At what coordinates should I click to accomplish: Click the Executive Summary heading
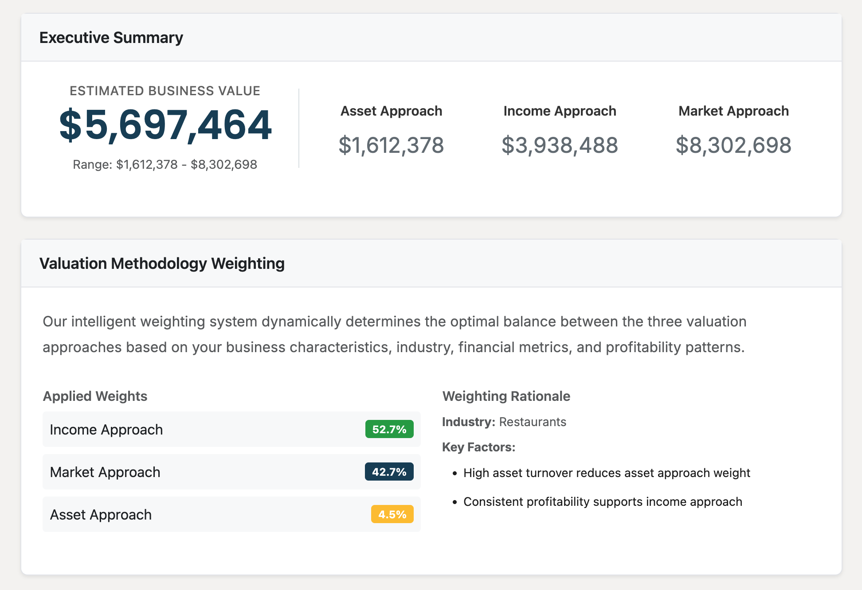111,38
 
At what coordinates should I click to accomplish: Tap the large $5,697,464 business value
165,125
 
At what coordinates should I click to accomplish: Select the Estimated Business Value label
165,91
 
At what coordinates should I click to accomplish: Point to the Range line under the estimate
165,164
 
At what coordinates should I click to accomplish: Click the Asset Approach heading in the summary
391,111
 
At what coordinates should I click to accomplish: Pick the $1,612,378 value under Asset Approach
391,145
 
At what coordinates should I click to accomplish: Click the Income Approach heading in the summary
560,111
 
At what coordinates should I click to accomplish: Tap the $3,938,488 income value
560,145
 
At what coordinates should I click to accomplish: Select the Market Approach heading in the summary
733,111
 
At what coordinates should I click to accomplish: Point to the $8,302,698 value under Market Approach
733,145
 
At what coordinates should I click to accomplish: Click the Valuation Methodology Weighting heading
162,264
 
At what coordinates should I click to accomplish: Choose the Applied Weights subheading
95,396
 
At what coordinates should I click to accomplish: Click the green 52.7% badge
389,429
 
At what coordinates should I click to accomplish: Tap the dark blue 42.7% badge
389,472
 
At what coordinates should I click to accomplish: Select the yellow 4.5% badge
392,514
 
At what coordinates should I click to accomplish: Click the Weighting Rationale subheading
506,396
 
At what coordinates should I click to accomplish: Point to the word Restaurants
533,422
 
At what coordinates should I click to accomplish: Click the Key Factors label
478,447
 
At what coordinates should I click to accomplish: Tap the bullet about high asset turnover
607,473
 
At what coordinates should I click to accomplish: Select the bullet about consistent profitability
603,502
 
